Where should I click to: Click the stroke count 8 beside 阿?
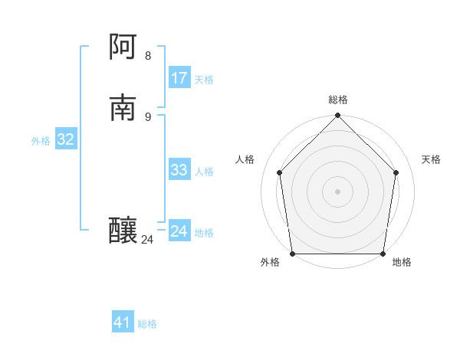click(148, 56)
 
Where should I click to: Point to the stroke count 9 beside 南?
click(148, 116)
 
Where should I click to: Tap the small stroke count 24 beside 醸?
click(147, 240)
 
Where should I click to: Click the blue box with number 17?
click(179, 78)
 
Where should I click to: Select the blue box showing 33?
click(179, 170)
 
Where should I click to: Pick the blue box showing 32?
click(66, 139)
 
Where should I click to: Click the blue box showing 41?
click(123, 322)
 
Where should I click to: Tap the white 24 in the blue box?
click(179, 231)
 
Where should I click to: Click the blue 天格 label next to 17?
click(204, 80)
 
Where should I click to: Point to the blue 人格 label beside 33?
click(204, 172)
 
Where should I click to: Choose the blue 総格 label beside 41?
click(147, 324)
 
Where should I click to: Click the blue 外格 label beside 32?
click(41, 141)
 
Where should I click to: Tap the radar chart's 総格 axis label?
click(337, 100)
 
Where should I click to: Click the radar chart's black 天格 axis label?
click(432, 159)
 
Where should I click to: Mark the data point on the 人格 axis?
click(280, 172)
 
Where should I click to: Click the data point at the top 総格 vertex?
click(337, 116)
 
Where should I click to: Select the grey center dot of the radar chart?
click(337, 191)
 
